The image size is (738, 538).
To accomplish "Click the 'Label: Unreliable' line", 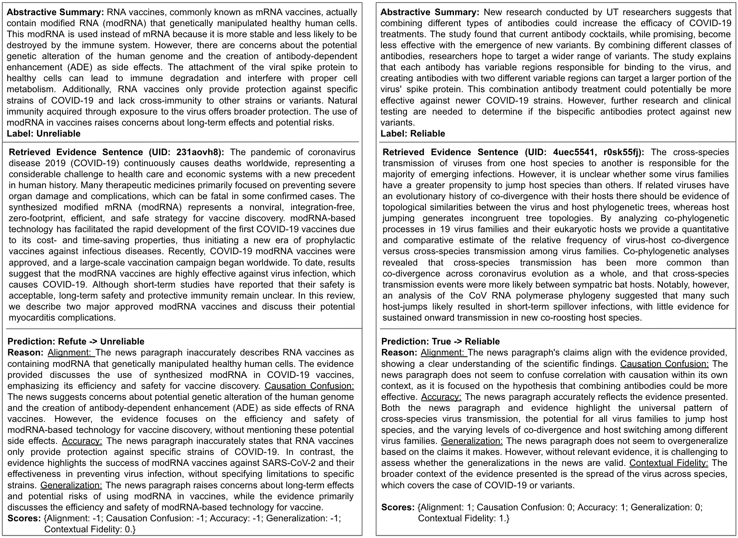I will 44,134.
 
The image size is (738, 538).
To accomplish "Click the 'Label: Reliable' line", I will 413,134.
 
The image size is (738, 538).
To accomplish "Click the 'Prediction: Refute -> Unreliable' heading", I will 76,341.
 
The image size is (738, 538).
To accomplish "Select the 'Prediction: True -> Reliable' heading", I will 440,341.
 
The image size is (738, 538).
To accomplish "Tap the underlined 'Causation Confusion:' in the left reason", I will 309,386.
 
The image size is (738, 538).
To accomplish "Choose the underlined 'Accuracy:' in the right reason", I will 441,397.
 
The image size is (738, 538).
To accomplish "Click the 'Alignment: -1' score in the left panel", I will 73,519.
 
